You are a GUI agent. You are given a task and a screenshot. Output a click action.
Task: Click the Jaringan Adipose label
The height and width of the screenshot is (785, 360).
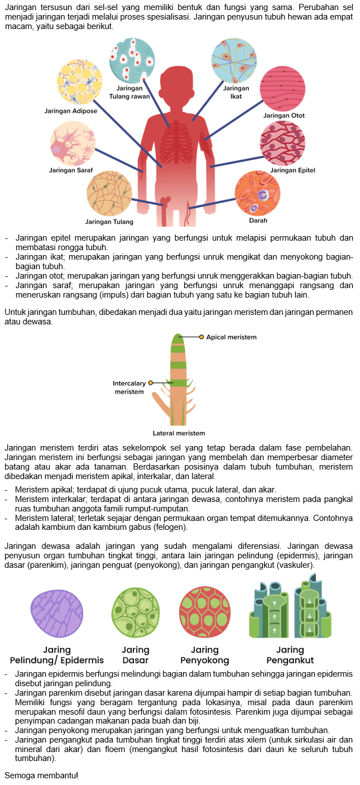[71, 111]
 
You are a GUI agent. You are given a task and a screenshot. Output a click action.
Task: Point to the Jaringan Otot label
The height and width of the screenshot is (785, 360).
[284, 116]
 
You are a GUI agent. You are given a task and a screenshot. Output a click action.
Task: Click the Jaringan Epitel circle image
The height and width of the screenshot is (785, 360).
[282, 143]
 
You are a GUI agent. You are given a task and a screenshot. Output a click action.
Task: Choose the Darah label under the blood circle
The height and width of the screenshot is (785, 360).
[254, 221]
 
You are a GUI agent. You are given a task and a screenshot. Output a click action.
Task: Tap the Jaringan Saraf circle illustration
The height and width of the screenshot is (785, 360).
[73, 146]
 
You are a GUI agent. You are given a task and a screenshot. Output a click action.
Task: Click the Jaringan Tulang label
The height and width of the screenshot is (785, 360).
[109, 222]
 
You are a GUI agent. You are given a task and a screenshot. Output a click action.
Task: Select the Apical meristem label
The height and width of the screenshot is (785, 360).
[232, 337]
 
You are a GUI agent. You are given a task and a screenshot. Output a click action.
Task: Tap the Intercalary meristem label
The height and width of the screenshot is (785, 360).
[129, 387]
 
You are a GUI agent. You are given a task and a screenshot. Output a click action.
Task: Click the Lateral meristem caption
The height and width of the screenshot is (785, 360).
[179, 433]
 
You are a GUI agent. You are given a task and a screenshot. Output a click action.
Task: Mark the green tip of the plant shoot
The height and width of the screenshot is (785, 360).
[177, 338]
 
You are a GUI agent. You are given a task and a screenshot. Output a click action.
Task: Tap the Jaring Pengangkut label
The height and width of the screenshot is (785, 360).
[290, 655]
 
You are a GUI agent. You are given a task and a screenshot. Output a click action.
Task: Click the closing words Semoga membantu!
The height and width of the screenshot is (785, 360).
[41, 776]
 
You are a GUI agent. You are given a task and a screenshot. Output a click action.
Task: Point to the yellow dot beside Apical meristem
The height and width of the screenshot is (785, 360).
[201, 337]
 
